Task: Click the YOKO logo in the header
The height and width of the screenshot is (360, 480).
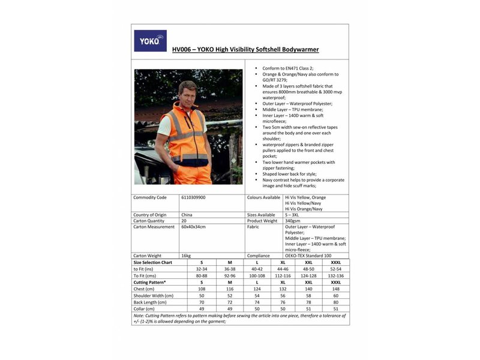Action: pyautogui.click(x=150, y=41)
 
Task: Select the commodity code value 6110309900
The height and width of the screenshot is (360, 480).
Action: pyautogui.click(x=193, y=197)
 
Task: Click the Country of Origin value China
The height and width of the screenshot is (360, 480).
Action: pyautogui.click(x=187, y=215)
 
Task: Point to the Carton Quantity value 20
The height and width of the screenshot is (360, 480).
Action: pyautogui.click(x=184, y=221)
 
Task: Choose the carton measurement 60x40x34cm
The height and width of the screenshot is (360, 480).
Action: pyautogui.click(x=193, y=227)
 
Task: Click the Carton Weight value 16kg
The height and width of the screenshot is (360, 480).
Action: pyautogui.click(x=185, y=256)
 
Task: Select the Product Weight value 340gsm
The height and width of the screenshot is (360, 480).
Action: pyautogui.click(x=293, y=221)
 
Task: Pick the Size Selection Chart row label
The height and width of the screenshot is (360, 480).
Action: pyautogui.click(x=152, y=262)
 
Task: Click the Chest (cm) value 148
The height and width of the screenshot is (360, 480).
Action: pyautogui.click(x=335, y=289)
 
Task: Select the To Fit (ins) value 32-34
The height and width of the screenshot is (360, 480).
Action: pyautogui.click(x=202, y=269)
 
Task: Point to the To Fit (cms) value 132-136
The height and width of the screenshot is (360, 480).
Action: pyautogui.click(x=335, y=275)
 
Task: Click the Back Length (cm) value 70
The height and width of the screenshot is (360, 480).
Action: pyautogui.click(x=202, y=302)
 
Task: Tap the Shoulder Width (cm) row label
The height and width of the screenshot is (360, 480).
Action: pyautogui.click(x=154, y=295)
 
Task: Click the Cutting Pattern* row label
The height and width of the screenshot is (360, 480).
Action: pyautogui.click(x=149, y=282)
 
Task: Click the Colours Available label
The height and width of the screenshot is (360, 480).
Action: pyautogui.click(x=263, y=197)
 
